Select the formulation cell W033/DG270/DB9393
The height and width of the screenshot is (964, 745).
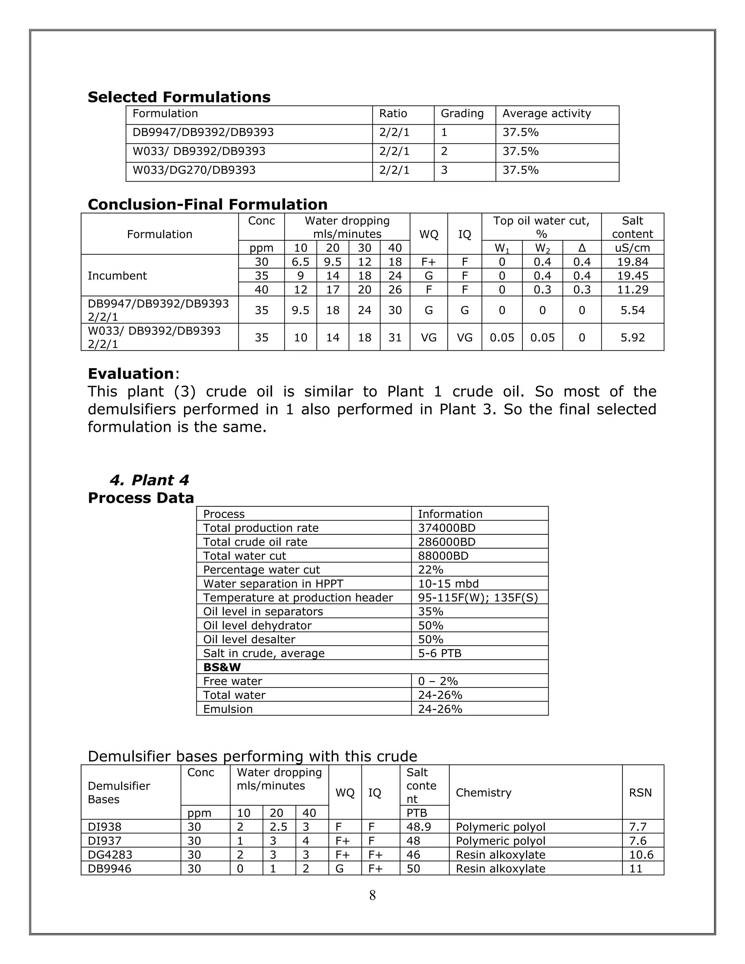(194, 170)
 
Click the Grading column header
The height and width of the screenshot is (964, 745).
(462, 114)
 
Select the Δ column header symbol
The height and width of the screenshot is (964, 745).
(581, 248)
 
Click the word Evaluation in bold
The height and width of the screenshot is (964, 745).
(131, 374)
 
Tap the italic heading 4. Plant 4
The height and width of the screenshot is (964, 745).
(149, 480)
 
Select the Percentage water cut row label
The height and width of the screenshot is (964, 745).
(261, 570)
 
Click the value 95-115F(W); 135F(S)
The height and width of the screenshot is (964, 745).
(478, 598)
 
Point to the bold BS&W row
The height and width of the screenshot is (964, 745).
(222, 668)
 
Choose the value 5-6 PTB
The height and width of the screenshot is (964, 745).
(439, 653)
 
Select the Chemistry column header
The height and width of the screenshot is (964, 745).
(483, 793)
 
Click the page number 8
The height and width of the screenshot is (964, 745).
(372, 896)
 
